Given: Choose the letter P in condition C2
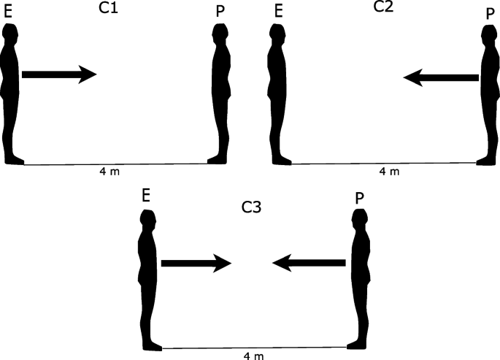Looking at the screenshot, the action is pos(490,13).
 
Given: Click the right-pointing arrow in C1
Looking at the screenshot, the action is pos(59,74).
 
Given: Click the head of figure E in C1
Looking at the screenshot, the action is pos(10,32).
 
